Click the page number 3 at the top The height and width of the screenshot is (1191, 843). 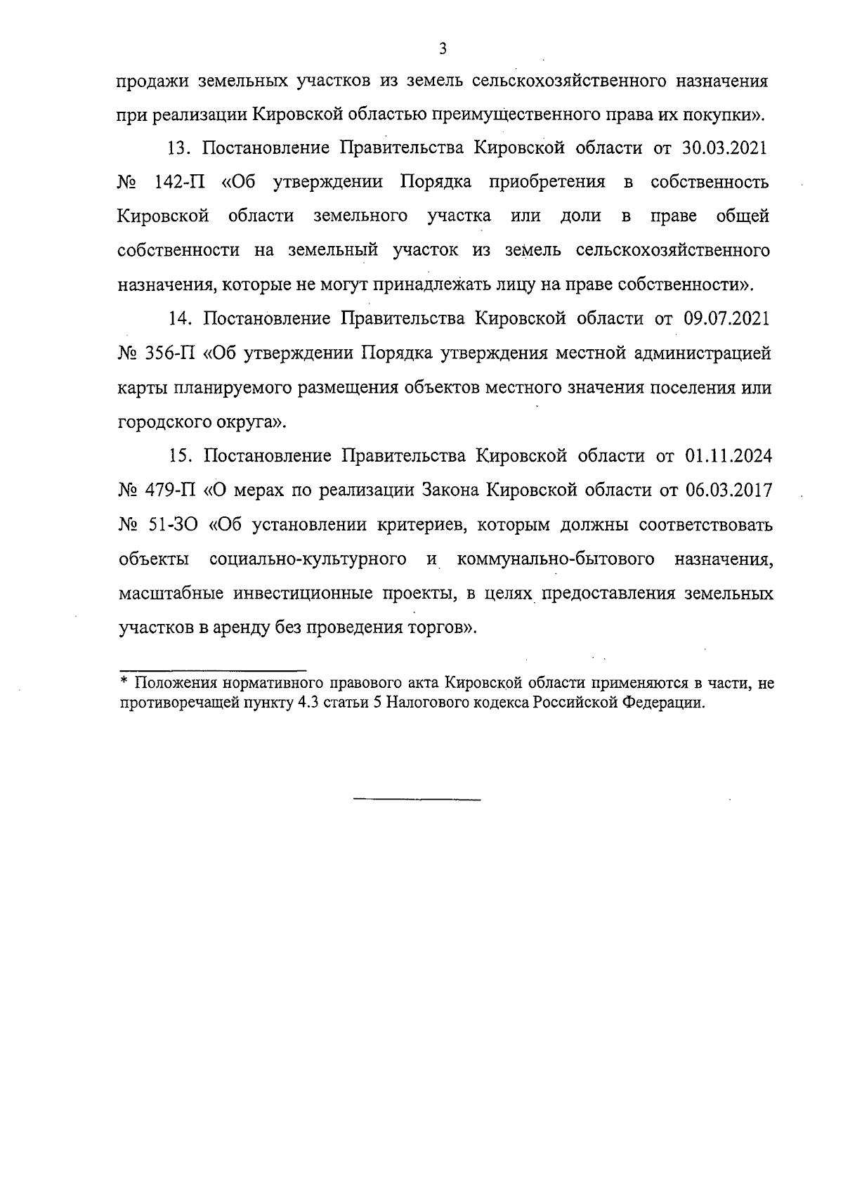pyautogui.click(x=442, y=48)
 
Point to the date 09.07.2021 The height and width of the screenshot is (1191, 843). pyautogui.click(x=726, y=318)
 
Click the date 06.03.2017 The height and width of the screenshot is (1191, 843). pyautogui.click(x=728, y=490)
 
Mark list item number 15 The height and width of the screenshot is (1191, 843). pyautogui.click(x=181, y=456)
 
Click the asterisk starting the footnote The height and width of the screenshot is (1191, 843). pyautogui.click(x=124, y=682)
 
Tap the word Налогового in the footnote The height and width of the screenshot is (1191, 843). pyautogui.click(x=450, y=703)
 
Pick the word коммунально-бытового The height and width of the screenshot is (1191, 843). pyautogui.click(x=556, y=559)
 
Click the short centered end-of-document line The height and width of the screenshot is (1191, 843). pyautogui.click(x=417, y=800)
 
